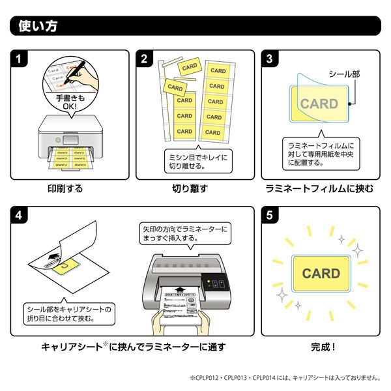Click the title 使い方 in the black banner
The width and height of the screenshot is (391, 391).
pyautogui.click(x=39, y=26)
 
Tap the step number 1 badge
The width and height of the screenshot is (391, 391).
pyautogui.click(x=21, y=59)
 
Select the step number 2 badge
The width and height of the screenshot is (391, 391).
pyautogui.click(x=145, y=59)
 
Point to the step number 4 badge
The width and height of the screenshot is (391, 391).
pyautogui.click(x=21, y=216)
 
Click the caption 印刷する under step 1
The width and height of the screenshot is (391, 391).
pyautogui.click(x=65, y=189)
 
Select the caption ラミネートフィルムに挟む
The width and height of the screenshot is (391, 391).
pyautogui.click(x=319, y=189)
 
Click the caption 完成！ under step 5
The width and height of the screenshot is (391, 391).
pyautogui.click(x=319, y=347)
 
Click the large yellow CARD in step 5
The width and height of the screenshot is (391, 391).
pyautogui.click(x=321, y=273)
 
